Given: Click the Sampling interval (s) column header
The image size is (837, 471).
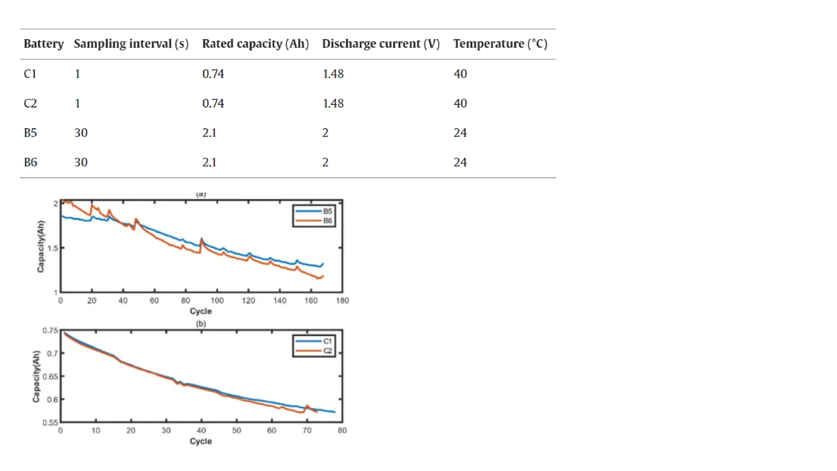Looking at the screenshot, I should click(x=131, y=44).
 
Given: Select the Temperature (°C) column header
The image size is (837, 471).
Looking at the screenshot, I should click(x=500, y=44).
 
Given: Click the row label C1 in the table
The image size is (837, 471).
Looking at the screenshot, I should click(x=30, y=74).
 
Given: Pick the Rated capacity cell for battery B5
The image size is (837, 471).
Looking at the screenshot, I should click(x=209, y=133).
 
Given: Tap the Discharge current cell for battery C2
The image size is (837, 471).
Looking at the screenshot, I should click(x=333, y=103).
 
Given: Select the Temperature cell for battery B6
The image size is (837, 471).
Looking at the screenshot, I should click(x=460, y=162).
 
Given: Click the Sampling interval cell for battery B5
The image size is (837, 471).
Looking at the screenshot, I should click(x=81, y=133).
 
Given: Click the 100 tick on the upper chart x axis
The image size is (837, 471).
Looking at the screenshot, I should click(x=217, y=301).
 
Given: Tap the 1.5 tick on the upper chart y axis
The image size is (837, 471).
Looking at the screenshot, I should click(x=52, y=248).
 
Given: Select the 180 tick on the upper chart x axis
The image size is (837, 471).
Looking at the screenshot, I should click(x=342, y=301).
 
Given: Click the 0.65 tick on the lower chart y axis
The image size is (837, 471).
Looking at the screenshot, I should click(x=50, y=377).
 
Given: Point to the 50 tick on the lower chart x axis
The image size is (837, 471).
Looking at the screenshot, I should click(x=236, y=431).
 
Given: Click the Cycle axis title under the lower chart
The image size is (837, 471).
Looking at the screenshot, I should click(x=201, y=441).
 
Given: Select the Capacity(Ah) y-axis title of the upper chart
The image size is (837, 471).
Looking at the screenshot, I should click(x=40, y=247).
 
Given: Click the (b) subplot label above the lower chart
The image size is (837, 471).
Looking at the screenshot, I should click(x=201, y=324).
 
